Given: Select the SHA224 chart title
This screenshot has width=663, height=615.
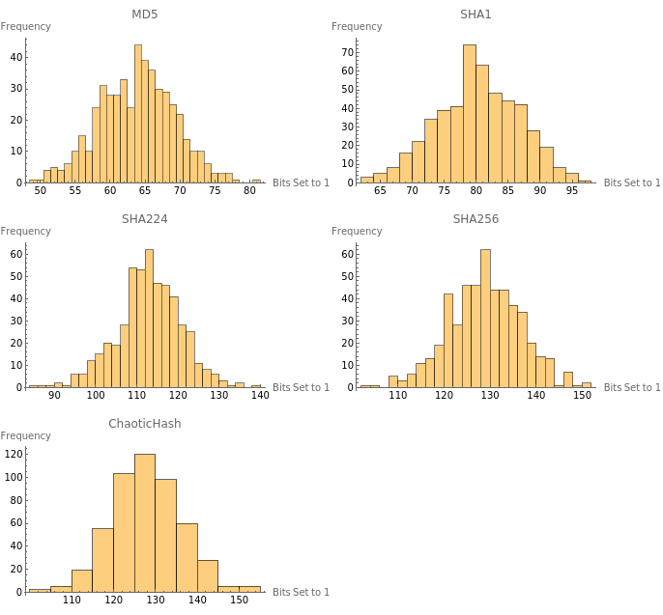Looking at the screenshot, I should tap(145, 218).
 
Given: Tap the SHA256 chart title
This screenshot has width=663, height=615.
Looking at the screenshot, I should tap(476, 218).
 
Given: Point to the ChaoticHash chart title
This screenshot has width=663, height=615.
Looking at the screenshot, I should tap(145, 423).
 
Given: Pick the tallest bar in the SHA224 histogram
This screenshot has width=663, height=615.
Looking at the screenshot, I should tap(149, 319).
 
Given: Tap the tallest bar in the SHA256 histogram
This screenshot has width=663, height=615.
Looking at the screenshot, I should tap(484, 319).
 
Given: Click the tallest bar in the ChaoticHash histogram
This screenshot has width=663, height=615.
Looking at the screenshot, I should tap(145, 522).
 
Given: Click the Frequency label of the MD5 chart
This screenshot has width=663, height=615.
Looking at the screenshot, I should tap(26, 26).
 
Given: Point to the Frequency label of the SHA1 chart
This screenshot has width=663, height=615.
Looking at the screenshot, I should tap(357, 26).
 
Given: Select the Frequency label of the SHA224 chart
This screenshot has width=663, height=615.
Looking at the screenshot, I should tap(26, 231).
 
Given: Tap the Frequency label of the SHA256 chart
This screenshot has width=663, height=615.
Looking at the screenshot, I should tap(357, 231).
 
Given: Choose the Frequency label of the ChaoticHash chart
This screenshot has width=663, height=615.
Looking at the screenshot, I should tap(26, 435).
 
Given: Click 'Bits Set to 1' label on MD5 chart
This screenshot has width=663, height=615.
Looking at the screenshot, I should tap(301, 182).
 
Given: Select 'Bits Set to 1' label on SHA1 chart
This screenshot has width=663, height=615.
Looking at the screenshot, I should tap(632, 182).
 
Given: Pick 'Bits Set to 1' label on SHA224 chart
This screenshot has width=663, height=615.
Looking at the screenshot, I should tap(301, 387).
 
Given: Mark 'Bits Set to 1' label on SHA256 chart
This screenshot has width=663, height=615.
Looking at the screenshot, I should tap(632, 387).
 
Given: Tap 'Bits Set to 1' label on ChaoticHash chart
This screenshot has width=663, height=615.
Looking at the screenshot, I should tap(301, 592).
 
